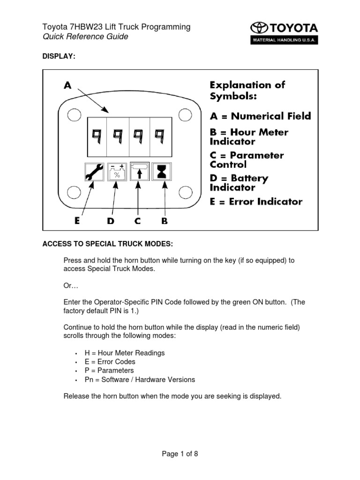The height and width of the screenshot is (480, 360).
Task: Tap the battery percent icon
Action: coord(117,172)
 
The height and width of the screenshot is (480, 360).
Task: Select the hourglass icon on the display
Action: coord(162,172)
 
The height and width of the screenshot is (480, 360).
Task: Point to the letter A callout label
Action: coord(68,86)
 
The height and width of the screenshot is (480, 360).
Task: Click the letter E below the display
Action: coord(77,221)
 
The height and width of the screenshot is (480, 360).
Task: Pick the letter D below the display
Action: coord(111,221)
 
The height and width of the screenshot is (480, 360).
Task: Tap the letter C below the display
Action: coord(137,221)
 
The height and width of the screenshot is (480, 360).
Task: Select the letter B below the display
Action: coord(165,221)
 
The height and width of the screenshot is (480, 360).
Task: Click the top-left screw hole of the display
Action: coord(73,114)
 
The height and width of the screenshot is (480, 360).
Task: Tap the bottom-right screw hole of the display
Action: coord(186,192)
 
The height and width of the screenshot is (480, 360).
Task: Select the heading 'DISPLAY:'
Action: coord(59,56)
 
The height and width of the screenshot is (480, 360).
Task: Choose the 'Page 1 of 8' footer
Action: coord(180,453)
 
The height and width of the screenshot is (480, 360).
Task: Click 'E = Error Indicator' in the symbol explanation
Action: coord(255,202)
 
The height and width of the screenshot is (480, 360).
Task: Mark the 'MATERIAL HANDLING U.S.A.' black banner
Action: coord(285,40)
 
